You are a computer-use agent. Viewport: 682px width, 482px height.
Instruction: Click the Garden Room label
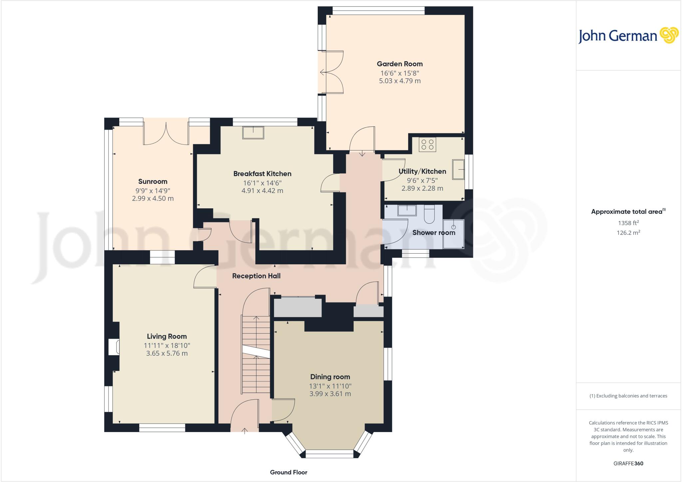click(400, 64)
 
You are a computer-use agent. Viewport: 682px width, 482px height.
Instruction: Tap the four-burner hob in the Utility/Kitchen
click(427, 144)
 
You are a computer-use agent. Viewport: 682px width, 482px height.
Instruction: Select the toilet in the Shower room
click(429, 215)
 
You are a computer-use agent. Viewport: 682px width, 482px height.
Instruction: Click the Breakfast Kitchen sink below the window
click(253, 132)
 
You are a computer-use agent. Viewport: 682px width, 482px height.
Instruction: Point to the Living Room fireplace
click(114, 347)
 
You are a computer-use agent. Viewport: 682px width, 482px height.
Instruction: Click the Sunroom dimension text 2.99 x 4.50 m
click(153, 198)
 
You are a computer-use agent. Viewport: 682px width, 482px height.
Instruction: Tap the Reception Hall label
click(256, 276)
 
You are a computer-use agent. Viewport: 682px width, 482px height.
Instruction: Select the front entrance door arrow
click(245, 431)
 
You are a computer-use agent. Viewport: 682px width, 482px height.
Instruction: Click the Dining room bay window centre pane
click(329, 453)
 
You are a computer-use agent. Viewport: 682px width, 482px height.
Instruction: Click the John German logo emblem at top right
click(669, 35)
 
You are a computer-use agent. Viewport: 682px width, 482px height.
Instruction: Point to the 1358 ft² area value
click(628, 223)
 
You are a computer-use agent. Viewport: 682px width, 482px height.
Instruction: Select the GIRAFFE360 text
click(628, 463)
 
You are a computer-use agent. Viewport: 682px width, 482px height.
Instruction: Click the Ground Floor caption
click(288, 472)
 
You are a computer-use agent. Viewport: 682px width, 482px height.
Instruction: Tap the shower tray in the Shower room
click(453, 234)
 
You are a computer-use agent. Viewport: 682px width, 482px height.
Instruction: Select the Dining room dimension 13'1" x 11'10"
click(330, 386)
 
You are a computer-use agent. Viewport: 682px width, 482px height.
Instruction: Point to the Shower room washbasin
click(407, 210)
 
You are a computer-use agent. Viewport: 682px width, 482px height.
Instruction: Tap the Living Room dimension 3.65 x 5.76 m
click(167, 353)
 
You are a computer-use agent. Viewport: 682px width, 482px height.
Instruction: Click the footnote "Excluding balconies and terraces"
click(628, 396)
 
